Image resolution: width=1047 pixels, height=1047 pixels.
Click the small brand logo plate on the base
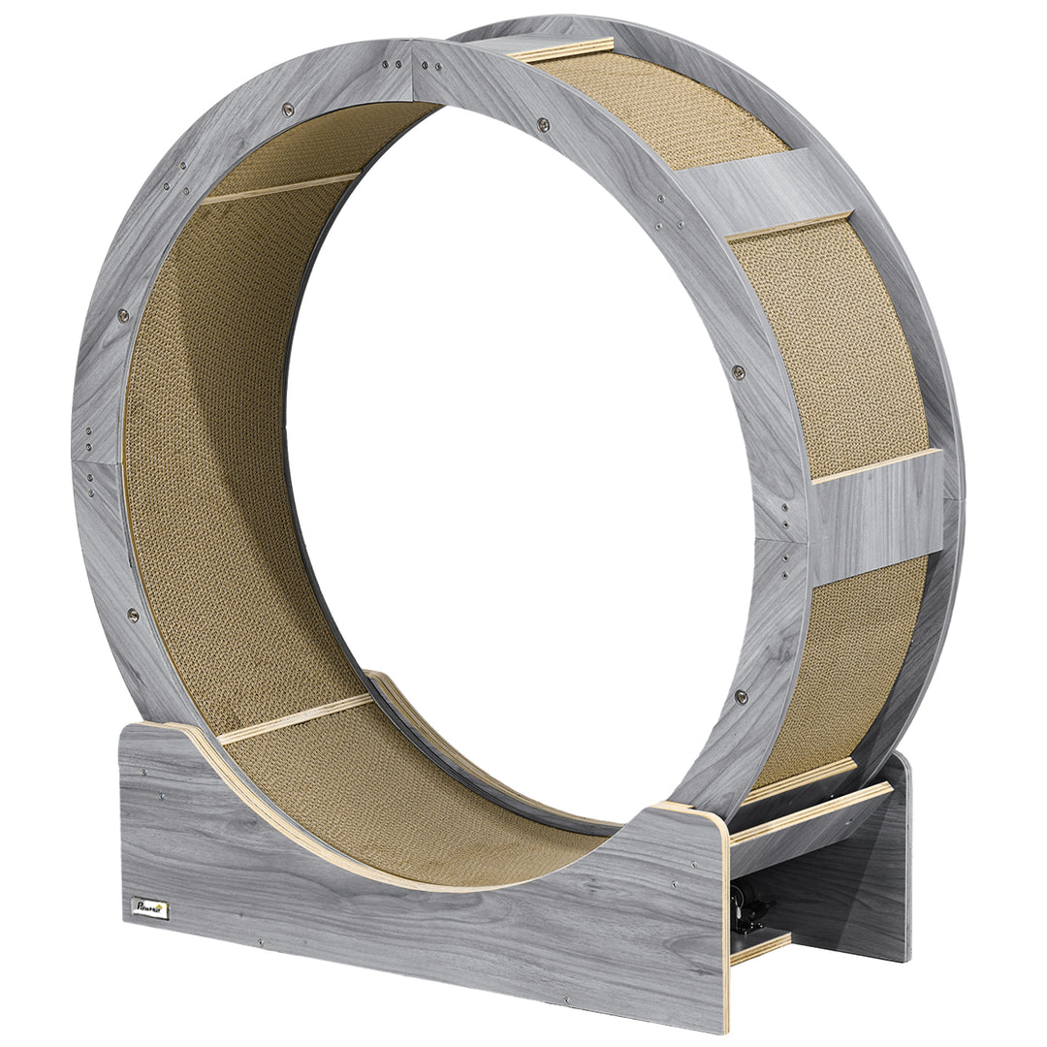click(150, 909)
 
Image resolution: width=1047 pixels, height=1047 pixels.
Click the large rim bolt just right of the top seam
click(543, 124)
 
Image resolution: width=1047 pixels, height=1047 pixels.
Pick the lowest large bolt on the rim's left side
click(133, 615)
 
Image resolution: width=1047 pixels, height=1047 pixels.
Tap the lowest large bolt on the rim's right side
click(741, 696)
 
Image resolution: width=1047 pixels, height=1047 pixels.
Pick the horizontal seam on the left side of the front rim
click(97, 461)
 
